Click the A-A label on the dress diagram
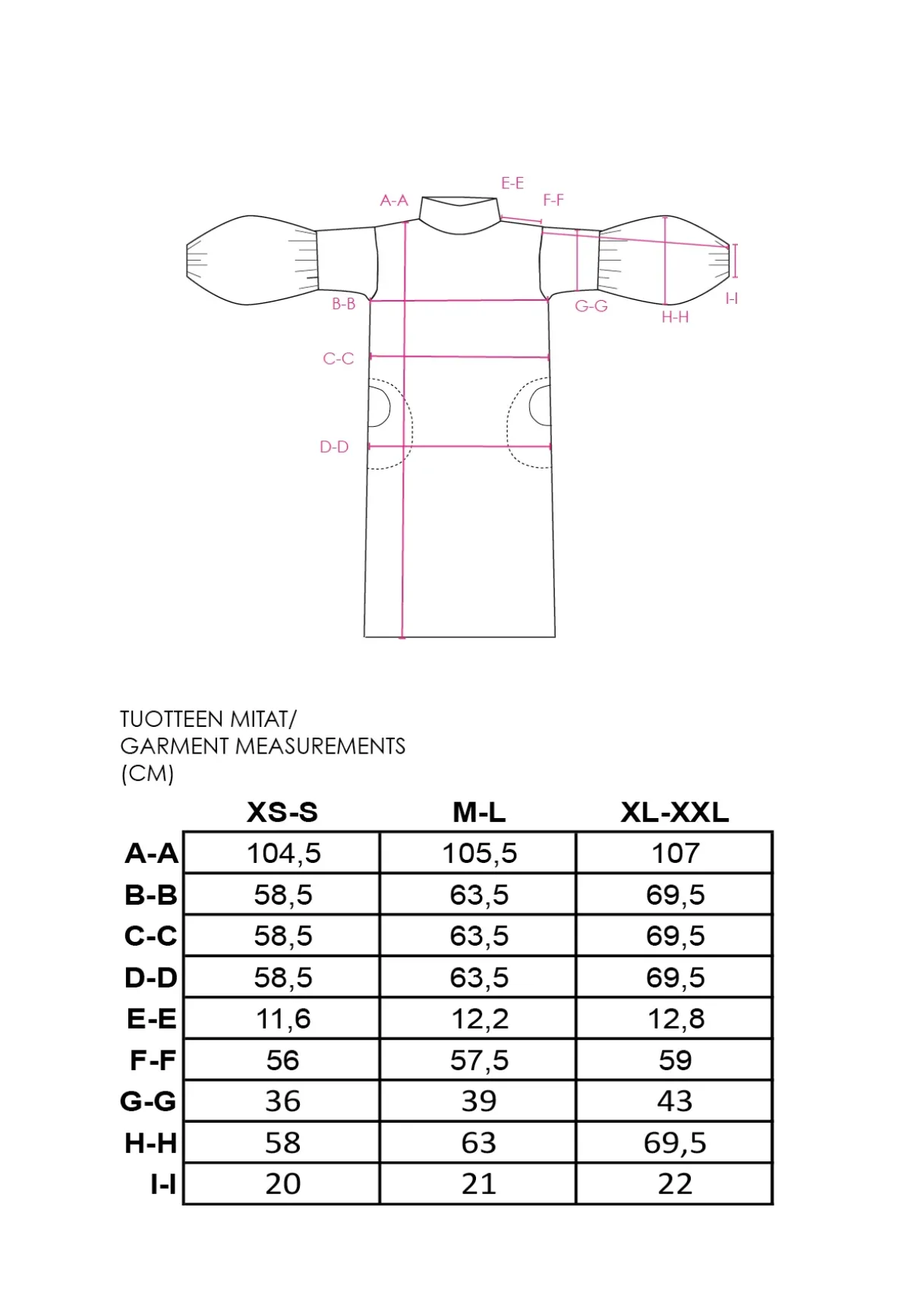(394, 201)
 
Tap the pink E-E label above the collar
(512, 183)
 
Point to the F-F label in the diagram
(553, 200)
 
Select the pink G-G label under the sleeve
(591, 306)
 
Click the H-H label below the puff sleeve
(675, 317)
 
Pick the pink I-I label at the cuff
(732, 298)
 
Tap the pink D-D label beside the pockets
(334, 447)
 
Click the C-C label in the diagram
(338, 359)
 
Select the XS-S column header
(282, 812)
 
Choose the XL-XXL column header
(675, 812)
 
